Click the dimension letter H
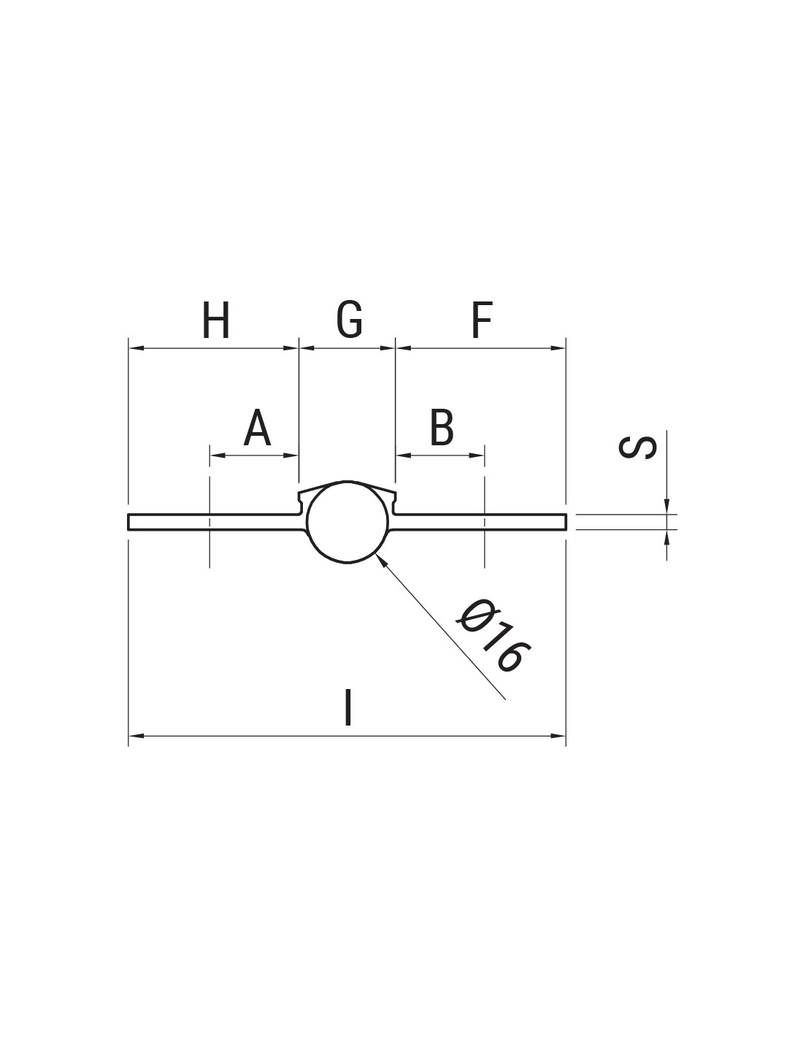[x=216, y=320]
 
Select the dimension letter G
[x=349, y=320]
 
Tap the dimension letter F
[x=482, y=320]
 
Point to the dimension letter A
[x=257, y=427]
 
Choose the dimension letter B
[x=442, y=427]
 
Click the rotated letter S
[x=637, y=447]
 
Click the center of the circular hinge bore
[x=347, y=522]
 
